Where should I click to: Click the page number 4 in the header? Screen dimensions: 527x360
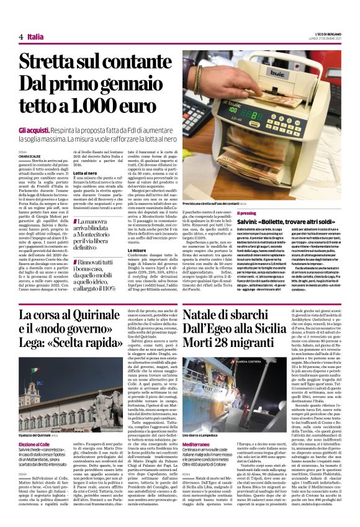(20, 37)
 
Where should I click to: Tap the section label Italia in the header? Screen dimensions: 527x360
(36, 37)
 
